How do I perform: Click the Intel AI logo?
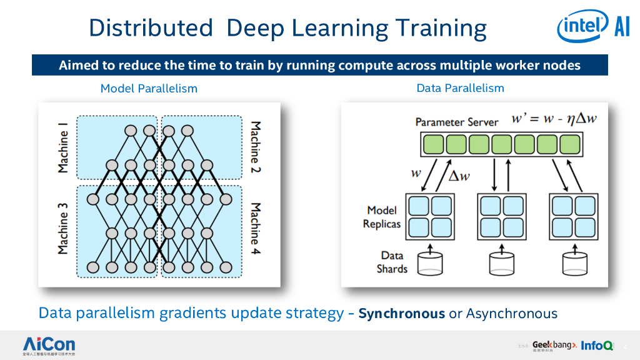[x=593, y=27]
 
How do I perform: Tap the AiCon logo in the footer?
[x=49, y=345]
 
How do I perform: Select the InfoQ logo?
[x=597, y=345]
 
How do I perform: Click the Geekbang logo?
[x=554, y=345]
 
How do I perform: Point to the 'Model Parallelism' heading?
[x=149, y=89]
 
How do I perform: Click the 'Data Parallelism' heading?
[x=460, y=88]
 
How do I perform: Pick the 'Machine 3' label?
[x=63, y=232]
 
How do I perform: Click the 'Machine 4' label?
[x=256, y=232]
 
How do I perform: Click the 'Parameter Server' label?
[x=457, y=122]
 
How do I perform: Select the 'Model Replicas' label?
[x=382, y=217]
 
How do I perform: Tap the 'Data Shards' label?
[x=392, y=262]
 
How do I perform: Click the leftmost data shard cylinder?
[x=430, y=262]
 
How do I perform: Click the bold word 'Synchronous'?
[x=401, y=313]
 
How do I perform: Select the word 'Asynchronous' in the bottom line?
[x=511, y=313]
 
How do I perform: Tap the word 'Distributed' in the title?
[x=151, y=28]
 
